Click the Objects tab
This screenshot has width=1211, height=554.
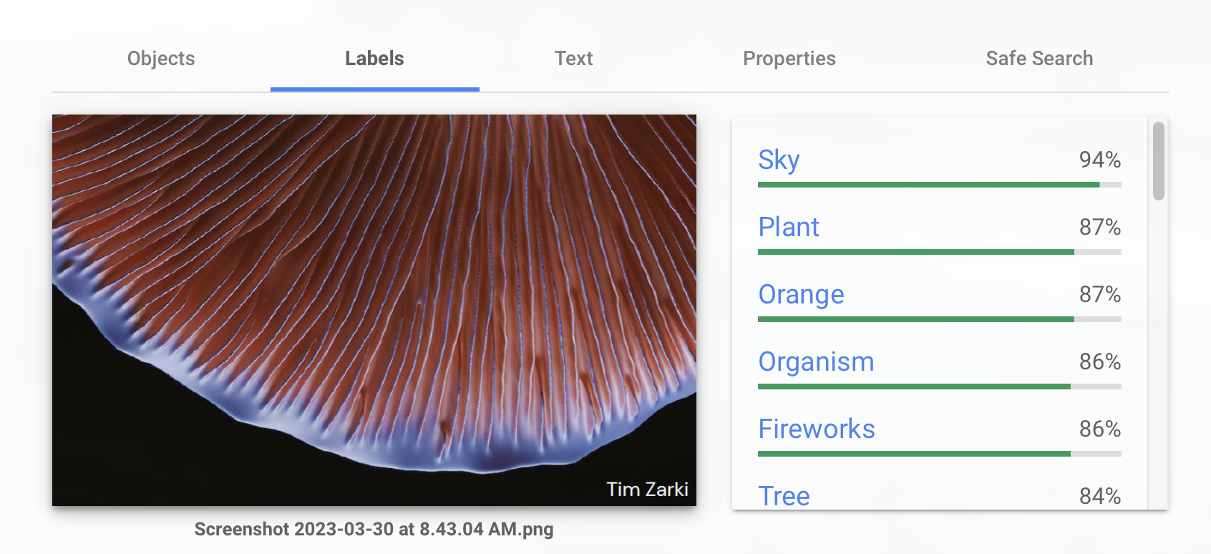(161, 59)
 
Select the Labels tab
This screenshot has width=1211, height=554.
(374, 59)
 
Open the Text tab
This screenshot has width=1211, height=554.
(573, 59)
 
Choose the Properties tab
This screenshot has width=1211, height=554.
(789, 59)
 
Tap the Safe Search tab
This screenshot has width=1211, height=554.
(1039, 59)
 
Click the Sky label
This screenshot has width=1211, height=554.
(779, 160)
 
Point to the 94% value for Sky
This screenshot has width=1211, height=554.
(1100, 160)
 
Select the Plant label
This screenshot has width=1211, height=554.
(788, 227)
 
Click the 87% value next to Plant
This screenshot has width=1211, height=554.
(1100, 227)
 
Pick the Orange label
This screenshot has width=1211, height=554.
(801, 295)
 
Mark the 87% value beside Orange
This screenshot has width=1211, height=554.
(1100, 294)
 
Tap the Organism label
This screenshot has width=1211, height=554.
(817, 361)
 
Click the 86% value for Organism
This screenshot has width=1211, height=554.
(1100, 361)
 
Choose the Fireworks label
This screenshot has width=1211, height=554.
(817, 429)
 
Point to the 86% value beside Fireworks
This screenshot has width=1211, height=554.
(1100, 429)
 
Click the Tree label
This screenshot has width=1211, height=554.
(784, 496)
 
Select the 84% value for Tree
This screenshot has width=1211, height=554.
(1100, 496)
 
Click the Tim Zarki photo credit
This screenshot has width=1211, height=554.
(647, 489)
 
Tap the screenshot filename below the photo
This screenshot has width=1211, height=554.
(374, 529)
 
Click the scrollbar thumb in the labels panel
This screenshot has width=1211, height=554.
(1159, 161)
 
